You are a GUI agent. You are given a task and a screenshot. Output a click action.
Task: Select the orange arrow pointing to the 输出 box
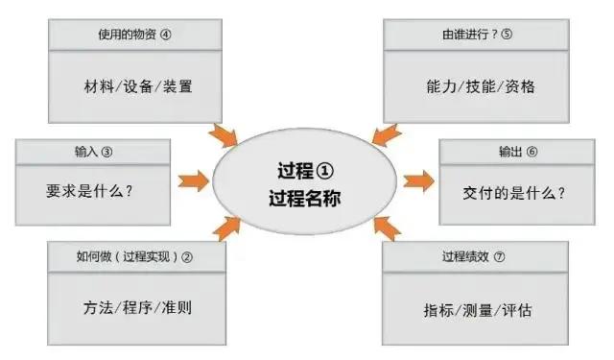tap(418, 180)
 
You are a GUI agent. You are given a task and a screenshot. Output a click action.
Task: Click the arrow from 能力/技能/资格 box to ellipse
tap(385, 135)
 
